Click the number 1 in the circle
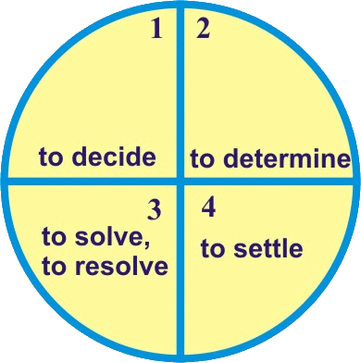[x=156, y=29]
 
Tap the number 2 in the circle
[x=203, y=29]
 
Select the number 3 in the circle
[x=155, y=210]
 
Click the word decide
[x=115, y=156]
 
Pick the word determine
[x=287, y=157]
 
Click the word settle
[x=268, y=248]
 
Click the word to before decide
[x=51, y=156]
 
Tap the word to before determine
[x=202, y=158]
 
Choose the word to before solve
[x=54, y=238]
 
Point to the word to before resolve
[x=55, y=266]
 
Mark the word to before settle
[x=213, y=249]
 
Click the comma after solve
[x=147, y=244]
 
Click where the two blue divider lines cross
[x=180, y=181]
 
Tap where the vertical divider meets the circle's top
[x=180, y=5]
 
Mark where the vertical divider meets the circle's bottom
[x=180, y=358]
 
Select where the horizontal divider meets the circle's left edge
[x=5, y=181]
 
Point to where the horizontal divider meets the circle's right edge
[x=356, y=181]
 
